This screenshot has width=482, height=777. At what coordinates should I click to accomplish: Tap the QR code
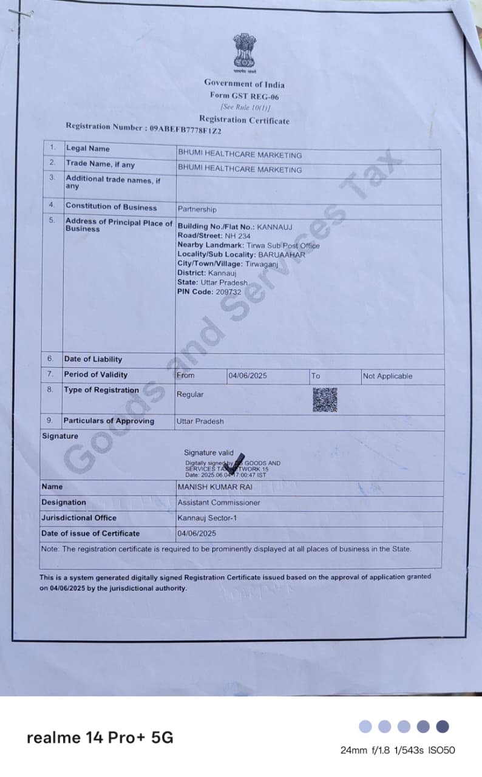click(x=325, y=399)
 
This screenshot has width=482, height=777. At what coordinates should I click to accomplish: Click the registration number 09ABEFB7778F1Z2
click(x=182, y=130)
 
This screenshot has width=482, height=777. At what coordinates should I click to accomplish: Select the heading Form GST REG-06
click(x=245, y=95)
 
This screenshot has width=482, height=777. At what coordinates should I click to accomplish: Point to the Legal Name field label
click(x=88, y=149)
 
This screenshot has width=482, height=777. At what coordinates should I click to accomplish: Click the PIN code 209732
click(x=228, y=292)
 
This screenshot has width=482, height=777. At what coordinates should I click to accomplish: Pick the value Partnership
click(x=197, y=209)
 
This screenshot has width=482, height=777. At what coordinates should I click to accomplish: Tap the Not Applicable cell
click(x=387, y=376)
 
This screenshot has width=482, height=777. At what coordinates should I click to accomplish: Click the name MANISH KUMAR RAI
click(x=215, y=487)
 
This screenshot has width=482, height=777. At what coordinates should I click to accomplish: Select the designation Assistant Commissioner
click(x=219, y=503)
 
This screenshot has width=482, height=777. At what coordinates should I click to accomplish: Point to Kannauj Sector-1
click(x=207, y=518)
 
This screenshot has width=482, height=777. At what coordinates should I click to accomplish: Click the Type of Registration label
click(x=101, y=390)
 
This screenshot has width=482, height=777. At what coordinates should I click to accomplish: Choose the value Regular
click(x=190, y=395)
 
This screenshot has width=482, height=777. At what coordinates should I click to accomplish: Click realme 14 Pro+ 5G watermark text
click(x=100, y=738)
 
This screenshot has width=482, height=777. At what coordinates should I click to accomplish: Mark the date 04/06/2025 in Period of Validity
click(x=248, y=376)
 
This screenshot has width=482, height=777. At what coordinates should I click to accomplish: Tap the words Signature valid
click(x=209, y=453)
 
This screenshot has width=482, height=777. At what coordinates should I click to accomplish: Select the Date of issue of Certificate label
click(x=90, y=534)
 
